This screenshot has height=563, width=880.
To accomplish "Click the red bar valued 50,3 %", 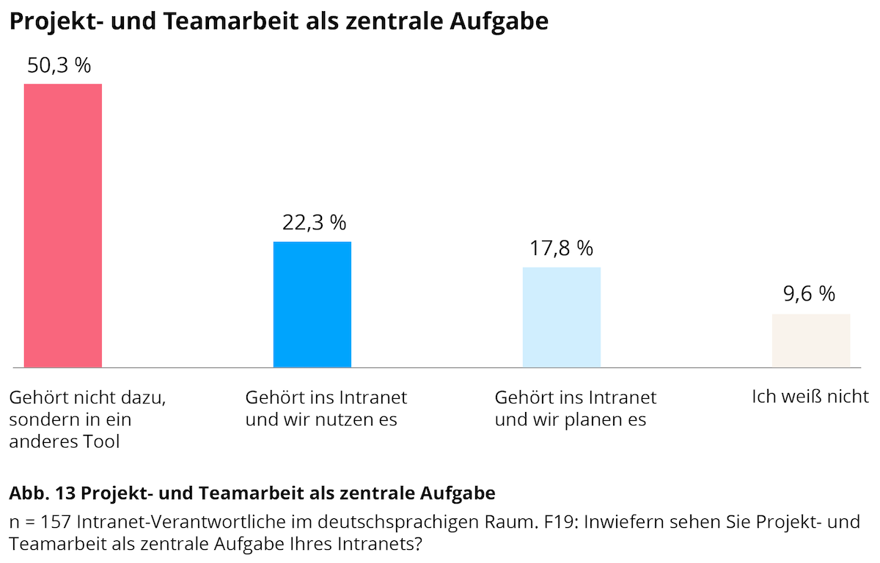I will click(63, 225).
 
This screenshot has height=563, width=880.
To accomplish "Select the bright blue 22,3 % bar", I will click(312, 304).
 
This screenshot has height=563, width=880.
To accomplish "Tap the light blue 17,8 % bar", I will click(562, 317).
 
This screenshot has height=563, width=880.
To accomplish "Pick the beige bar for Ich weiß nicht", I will click(811, 340).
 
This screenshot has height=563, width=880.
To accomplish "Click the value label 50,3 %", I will click(59, 65).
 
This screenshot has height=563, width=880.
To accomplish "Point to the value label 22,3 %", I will click(314, 223).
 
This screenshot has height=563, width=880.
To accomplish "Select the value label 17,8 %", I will click(561, 249).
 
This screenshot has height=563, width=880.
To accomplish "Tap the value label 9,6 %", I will click(809, 294).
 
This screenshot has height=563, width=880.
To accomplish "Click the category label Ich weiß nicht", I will click(810, 397).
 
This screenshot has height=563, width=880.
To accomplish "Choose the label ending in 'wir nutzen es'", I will click(326, 408).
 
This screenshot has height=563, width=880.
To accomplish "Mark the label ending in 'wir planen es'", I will click(576, 408).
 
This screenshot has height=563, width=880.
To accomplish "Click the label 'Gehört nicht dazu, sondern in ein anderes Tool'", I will click(87, 419).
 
